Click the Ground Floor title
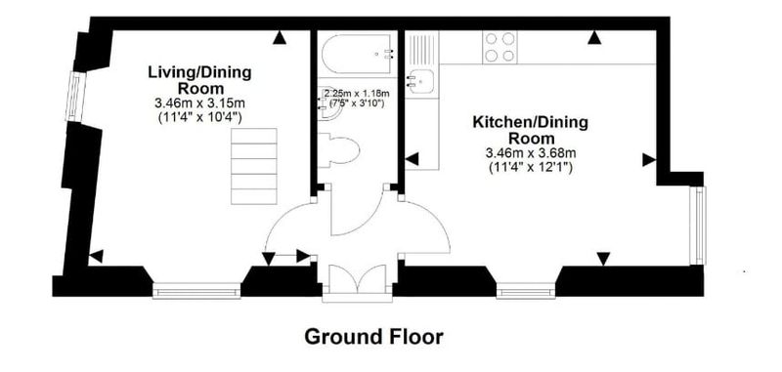(373, 337)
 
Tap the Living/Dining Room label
(200, 81)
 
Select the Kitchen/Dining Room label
(530, 130)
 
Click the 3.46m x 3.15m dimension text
(200, 103)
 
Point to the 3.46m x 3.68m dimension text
(531, 153)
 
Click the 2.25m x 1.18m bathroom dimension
(357, 93)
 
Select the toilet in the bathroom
(339, 148)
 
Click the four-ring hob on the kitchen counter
(500, 47)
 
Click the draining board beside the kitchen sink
(422, 48)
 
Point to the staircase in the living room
(254, 166)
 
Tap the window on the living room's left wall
(76, 97)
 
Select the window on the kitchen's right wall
(698, 226)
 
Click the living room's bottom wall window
(196, 291)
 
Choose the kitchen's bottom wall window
(526, 290)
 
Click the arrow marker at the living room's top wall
(280, 37)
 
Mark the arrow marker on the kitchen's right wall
(649, 160)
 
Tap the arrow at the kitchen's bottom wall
(603, 259)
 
